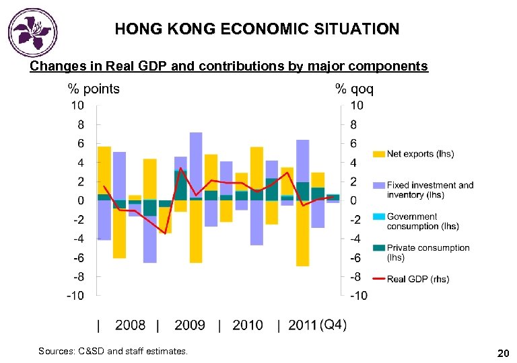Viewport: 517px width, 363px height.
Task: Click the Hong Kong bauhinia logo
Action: [32, 32]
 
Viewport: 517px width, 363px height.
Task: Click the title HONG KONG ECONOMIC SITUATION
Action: [256, 30]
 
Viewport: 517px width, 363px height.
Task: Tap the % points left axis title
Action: [93, 89]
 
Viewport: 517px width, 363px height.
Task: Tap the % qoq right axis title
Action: [354, 89]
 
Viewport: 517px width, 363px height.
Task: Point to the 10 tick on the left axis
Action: [77, 106]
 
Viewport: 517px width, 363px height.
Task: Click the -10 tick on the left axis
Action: [75, 296]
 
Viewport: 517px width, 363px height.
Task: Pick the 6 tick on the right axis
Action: [353, 144]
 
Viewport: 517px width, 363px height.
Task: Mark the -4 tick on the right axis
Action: [356, 239]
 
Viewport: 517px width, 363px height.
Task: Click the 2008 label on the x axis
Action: [130, 325]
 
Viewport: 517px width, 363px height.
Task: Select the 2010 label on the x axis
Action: [248, 325]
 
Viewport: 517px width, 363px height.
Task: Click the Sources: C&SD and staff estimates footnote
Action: [113, 351]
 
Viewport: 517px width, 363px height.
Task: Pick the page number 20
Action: [502, 352]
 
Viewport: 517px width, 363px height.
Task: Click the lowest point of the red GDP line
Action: [165, 233]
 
